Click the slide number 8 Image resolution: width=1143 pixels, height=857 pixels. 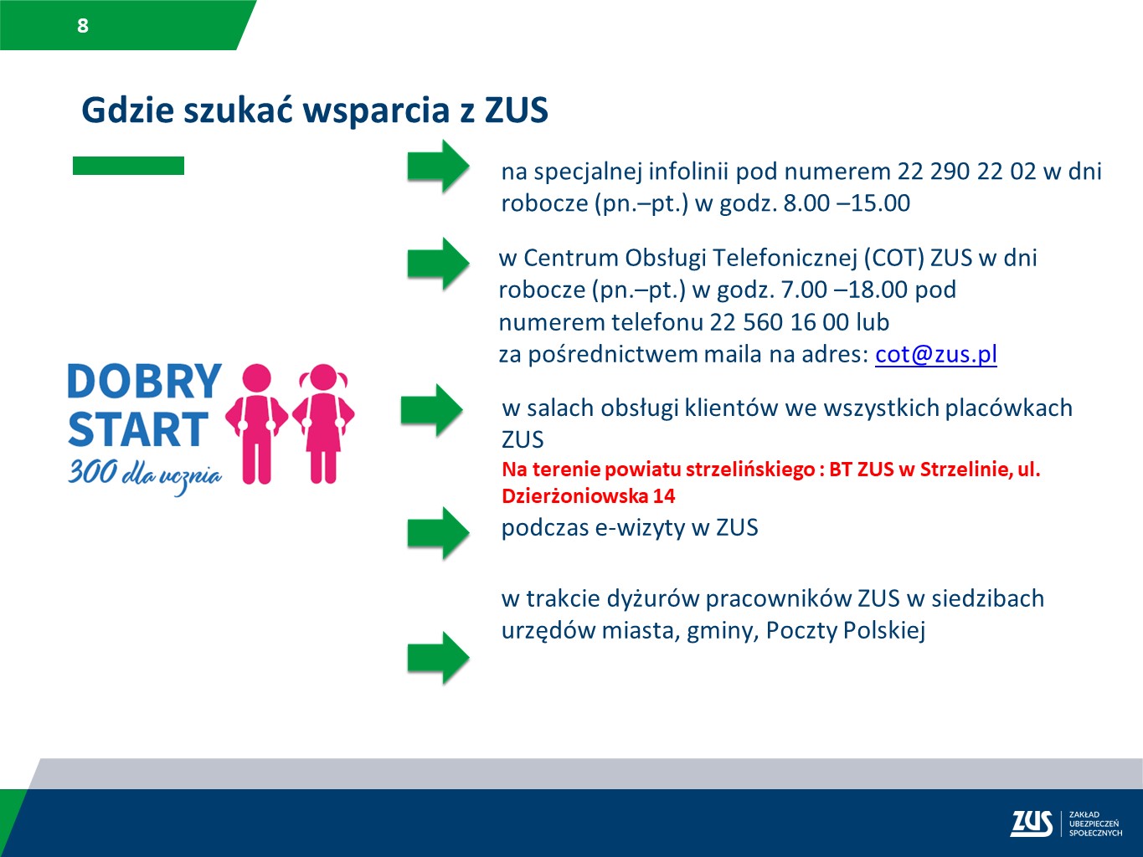[x=82, y=26]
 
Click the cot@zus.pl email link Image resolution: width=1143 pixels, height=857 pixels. [x=935, y=354]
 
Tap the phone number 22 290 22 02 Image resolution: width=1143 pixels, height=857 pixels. [x=966, y=172]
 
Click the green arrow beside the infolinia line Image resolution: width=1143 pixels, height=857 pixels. [x=438, y=166]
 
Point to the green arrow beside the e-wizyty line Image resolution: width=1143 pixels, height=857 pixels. [x=438, y=532]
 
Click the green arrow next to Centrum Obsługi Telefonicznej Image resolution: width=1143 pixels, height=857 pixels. [x=438, y=264]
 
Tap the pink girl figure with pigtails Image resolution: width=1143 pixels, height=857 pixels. [x=323, y=423]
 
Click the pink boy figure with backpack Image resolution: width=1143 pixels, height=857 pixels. [x=257, y=423]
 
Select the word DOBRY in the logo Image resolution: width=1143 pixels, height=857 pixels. [x=144, y=382]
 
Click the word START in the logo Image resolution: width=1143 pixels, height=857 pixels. [x=137, y=430]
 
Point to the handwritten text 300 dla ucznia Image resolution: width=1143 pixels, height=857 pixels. [x=145, y=475]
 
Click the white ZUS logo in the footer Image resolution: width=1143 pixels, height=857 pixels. [x=1031, y=824]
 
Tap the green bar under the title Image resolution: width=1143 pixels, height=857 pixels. [x=128, y=166]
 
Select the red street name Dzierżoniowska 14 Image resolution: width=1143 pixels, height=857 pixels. [x=588, y=496]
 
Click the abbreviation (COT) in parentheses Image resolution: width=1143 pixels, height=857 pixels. [x=893, y=258]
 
